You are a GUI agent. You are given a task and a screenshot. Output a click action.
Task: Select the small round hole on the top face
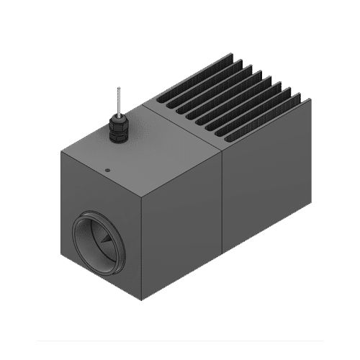[107, 171]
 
